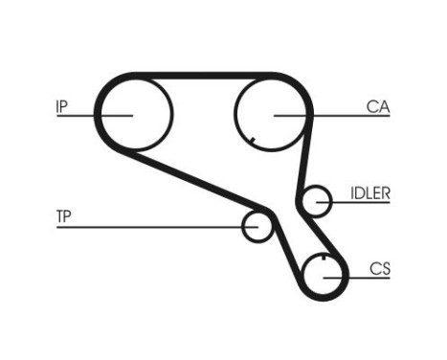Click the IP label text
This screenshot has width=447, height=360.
(62, 106)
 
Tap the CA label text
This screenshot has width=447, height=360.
(376, 107)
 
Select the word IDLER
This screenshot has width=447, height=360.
(370, 192)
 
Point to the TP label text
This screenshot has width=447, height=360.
(63, 217)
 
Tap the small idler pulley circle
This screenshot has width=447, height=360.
(315, 201)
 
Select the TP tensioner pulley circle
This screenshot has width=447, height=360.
(257, 226)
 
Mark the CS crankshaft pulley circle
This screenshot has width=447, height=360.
(325, 276)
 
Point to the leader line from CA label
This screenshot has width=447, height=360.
(335, 115)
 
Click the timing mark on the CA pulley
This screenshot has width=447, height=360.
(251, 143)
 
